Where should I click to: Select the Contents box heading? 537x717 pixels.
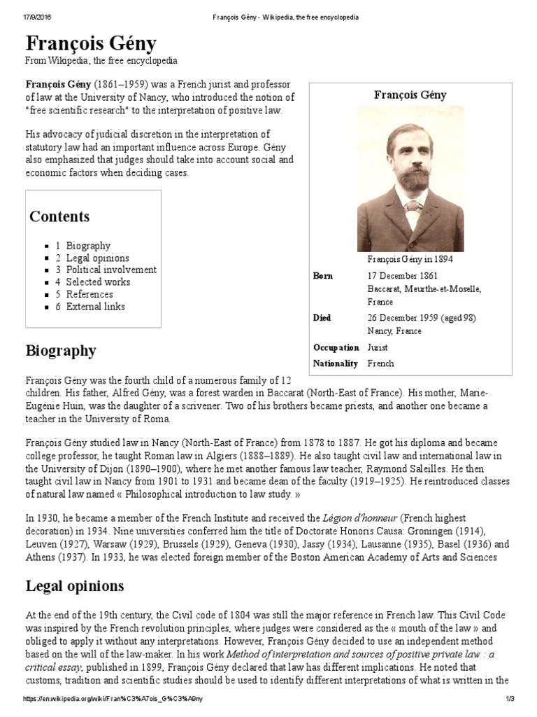click(59, 216)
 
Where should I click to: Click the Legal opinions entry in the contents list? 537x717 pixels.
click(97, 258)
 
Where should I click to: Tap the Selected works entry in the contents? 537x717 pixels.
click(98, 282)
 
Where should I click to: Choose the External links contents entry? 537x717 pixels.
click(96, 307)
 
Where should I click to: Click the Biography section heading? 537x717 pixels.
click(61, 350)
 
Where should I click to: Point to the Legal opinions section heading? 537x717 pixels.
click(75, 585)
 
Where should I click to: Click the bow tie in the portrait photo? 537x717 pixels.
click(413, 206)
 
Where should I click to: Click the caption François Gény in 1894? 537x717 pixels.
click(410, 259)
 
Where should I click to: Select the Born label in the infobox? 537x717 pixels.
click(322, 277)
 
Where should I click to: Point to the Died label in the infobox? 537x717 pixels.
click(322, 318)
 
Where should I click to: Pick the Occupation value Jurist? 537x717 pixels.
click(378, 347)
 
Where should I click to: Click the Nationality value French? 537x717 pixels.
click(380, 363)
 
